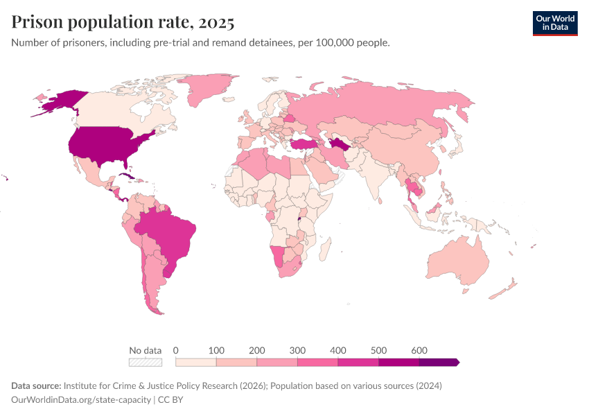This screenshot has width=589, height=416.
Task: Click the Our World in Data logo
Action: coord(554,23)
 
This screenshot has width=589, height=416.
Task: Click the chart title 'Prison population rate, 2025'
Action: coord(123,22)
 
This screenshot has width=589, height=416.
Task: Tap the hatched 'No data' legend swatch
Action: coord(145,362)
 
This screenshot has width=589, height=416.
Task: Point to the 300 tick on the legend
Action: coord(297,351)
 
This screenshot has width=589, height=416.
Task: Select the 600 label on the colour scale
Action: coord(419,351)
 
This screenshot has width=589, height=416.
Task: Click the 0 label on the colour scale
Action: coord(176,351)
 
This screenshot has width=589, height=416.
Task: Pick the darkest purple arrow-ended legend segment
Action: coord(439,362)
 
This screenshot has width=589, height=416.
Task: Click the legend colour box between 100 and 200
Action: coord(236,362)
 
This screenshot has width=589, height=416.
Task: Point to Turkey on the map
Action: coord(303,144)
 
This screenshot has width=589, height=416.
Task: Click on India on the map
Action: coord(374,177)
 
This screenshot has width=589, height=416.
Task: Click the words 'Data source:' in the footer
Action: coord(36,385)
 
